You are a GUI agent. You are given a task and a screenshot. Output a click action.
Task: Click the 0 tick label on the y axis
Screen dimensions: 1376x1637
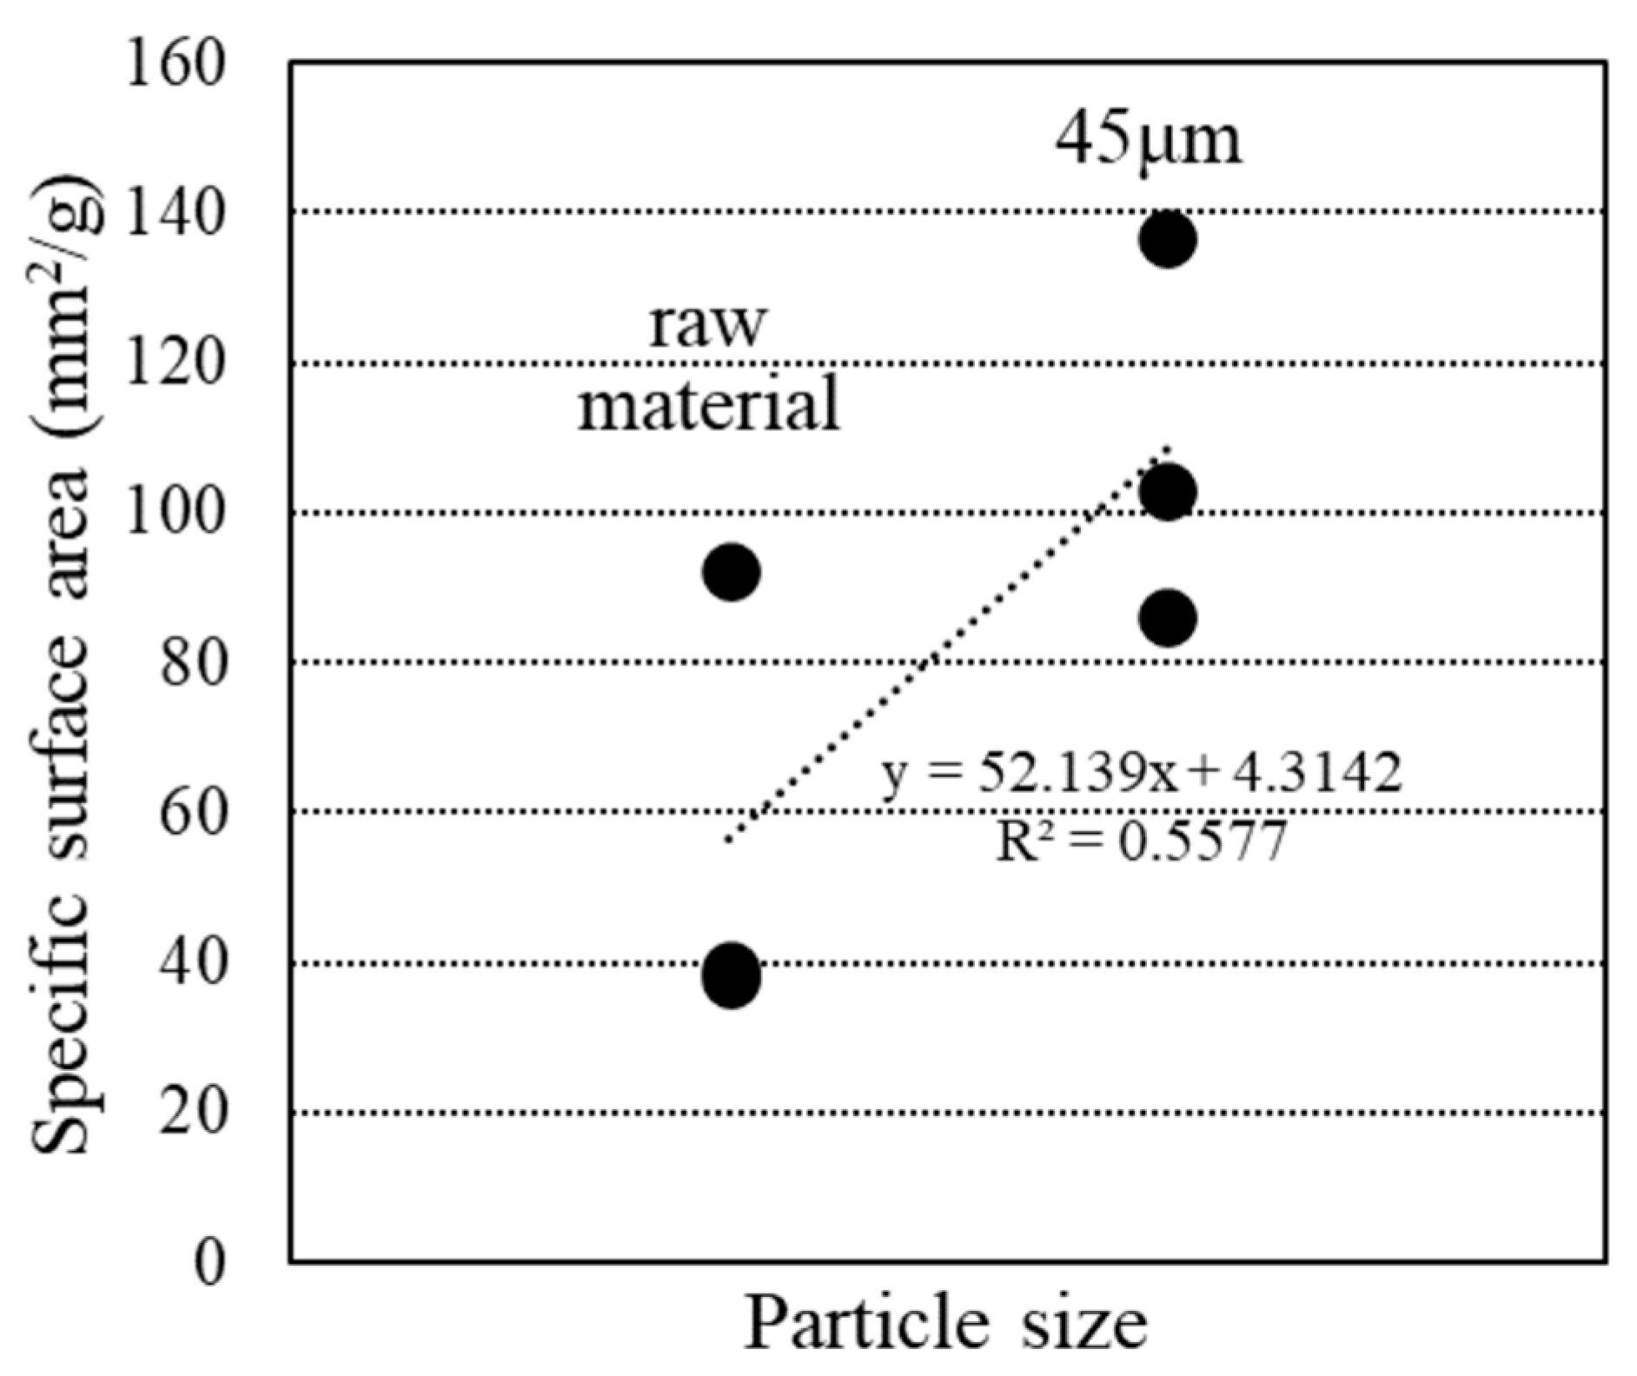[209, 1263]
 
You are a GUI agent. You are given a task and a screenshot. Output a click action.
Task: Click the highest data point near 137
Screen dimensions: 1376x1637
[1168, 239]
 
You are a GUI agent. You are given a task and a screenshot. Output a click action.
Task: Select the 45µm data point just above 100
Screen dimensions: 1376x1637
[1168, 492]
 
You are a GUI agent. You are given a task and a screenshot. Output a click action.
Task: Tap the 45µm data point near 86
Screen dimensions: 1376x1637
[1168, 618]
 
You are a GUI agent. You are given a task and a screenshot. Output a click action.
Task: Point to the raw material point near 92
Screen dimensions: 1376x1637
[732, 572]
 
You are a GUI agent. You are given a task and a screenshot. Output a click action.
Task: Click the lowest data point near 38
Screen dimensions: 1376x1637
[732, 975]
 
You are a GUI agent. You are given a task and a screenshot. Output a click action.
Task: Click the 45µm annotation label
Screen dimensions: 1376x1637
[1149, 139]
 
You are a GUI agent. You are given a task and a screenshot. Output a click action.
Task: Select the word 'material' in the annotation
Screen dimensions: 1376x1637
[709, 404]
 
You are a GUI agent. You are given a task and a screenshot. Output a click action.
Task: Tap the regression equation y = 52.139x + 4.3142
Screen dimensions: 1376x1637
[1141, 772]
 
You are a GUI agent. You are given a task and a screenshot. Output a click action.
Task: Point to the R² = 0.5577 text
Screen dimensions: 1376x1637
[1140, 841]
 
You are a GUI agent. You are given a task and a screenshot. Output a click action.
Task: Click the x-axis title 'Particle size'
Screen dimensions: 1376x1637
[945, 1324]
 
